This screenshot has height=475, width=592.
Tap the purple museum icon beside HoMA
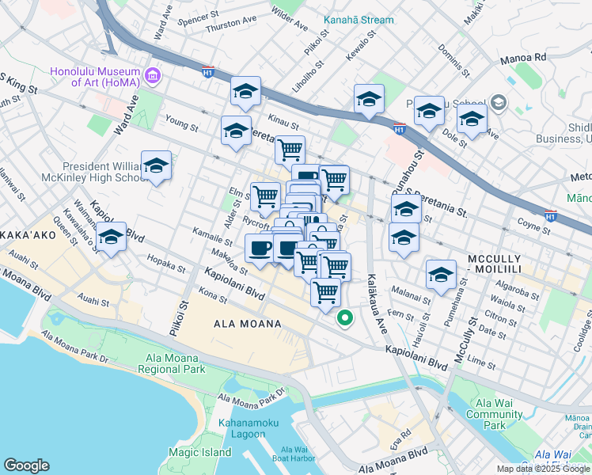[153, 77]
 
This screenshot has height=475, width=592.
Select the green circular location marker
[345, 319]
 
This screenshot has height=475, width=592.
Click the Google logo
[27, 465]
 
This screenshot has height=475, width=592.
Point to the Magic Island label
[199, 453]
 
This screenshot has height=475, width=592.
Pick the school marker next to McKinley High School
[157, 167]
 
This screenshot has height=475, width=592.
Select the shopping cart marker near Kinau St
[290, 148]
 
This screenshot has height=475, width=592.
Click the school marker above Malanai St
[441, 275]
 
